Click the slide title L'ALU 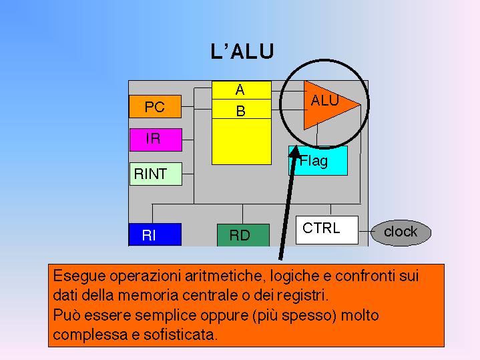coord(242,51)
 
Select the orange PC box coord(155,107)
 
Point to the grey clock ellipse coord(401,232)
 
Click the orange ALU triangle coord(326,104)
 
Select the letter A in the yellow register coord(240,90)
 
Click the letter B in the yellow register coord(240,112)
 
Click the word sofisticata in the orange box coord(180,334)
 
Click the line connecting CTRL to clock coord(365,232)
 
